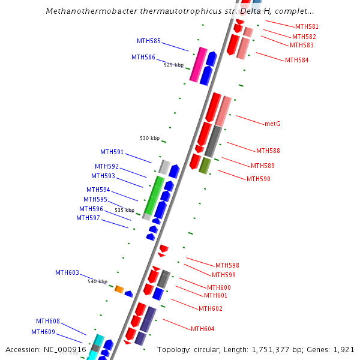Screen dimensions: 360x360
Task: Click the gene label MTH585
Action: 149,41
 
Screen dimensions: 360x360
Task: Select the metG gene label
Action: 272,124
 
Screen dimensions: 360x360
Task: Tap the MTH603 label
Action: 67,272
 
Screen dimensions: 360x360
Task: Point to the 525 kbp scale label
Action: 174,65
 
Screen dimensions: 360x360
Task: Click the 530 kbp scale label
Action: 150,138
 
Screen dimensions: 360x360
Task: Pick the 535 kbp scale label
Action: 125,211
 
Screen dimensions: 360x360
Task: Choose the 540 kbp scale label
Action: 98,281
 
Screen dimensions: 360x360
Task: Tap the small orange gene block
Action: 119,289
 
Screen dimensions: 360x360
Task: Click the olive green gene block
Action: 205,166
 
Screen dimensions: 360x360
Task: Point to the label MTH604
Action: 203,329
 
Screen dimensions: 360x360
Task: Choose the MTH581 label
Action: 307,26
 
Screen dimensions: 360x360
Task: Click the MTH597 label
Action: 88,218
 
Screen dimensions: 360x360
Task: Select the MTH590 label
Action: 259,179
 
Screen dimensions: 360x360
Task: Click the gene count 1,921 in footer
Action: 344,349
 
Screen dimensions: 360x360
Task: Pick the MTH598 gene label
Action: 227,265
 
